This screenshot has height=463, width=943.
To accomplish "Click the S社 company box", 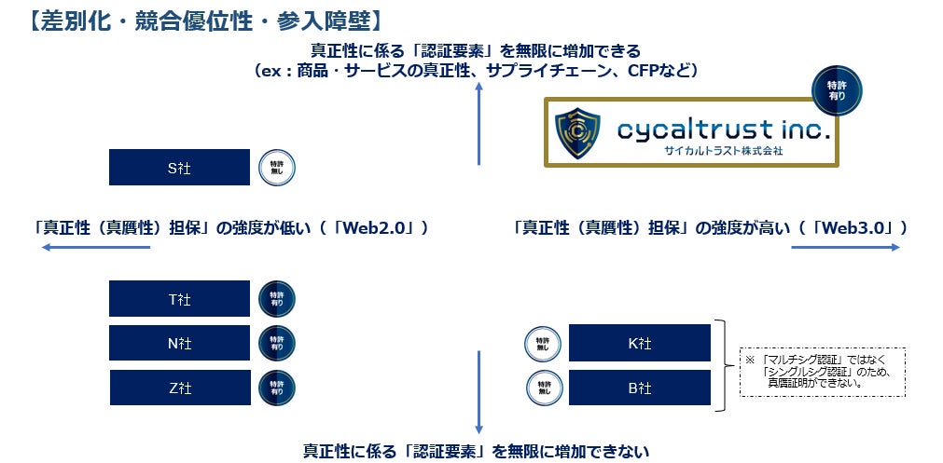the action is [179, 168].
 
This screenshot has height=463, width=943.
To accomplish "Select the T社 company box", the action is [179, 299].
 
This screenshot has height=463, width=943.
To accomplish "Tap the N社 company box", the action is [179, 343].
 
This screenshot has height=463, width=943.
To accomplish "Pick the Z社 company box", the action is [179, 388].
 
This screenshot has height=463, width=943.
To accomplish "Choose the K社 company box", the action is [639, 343].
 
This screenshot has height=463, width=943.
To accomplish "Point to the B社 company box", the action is [639, 388].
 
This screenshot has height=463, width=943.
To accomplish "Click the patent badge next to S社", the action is [276, 168].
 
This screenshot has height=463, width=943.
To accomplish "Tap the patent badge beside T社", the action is [276, 299].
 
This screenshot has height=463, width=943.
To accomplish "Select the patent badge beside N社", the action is [276, 343].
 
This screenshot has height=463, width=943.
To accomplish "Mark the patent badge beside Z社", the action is [276, 388].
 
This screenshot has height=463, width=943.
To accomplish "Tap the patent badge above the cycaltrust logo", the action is [837, 89].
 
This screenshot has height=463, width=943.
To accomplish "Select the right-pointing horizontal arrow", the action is [844, 248].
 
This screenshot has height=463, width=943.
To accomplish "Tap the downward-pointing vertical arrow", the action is [478, 391].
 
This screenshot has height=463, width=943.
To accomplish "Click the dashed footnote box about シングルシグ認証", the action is [822, 372].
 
